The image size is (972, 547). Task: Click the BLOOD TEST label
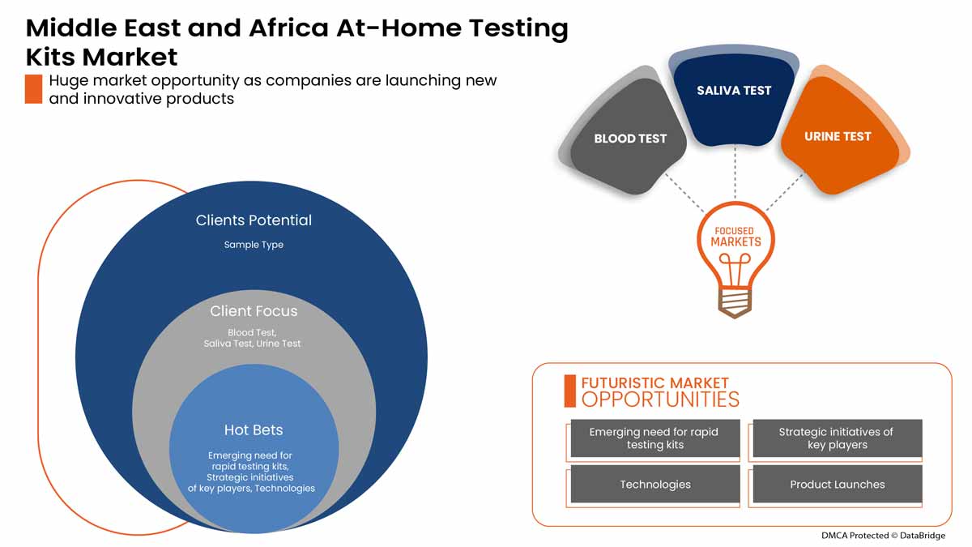pyautogui.click(x=630, y=139)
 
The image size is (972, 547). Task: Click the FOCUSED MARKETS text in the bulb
pyautogui.click(x=735, y=237)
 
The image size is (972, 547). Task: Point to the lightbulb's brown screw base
pyautogui.click(x=735, y=301)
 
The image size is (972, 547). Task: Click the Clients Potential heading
pyautogui.click(x=254, y=220)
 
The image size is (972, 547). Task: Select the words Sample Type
pyautogui.click(x=254, y=245)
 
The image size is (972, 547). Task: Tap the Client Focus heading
pyautogui.click(x=254, y=311)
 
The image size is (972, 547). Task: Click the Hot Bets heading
pyautogui.click(x=254, y=429)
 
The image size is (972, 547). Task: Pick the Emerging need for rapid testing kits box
pyautogui.click(x=654, y=438)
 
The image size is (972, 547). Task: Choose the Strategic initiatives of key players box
pyautogui.click(x=837, y=438)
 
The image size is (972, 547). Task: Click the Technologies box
pyautogui.click(x=654, y=485)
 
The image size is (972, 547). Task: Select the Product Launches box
pyautogui.click(x=837, y=485)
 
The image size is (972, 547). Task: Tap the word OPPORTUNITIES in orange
pyautogui.click(x=660, y=400)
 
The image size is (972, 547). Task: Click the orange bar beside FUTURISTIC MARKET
pyautogui.click(x=569, y=391)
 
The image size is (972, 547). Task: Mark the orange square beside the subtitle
pyautogui.click(x=33, y=89)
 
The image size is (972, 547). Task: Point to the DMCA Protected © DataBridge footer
pyautogui.click(x=882, y=536)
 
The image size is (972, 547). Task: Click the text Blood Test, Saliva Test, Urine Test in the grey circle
pyautogui.click(x=252, y=338)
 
